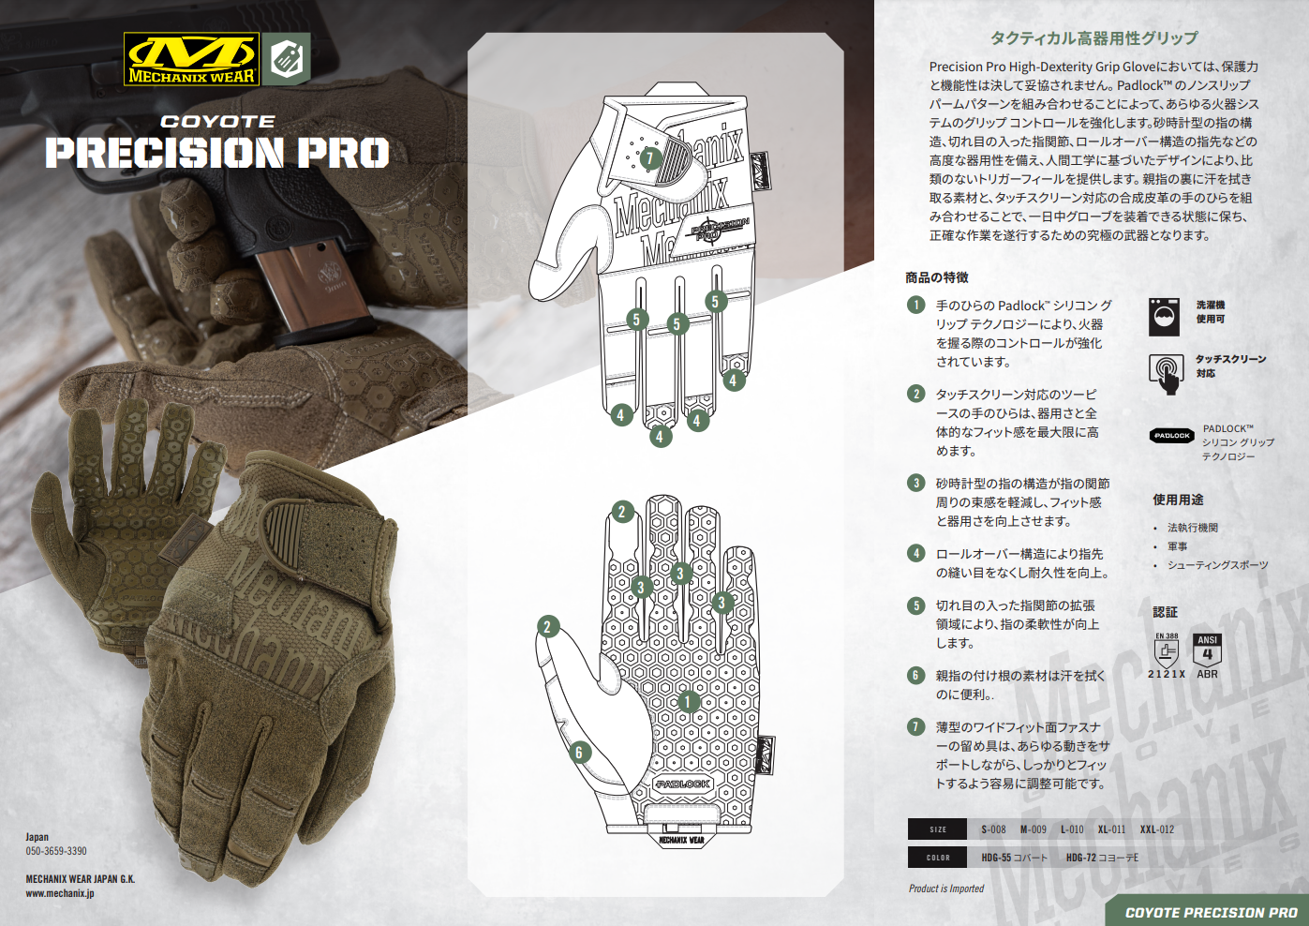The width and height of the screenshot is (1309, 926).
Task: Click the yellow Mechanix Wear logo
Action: (x=191, y=59)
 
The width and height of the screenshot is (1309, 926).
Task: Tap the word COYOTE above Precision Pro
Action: (x=218, y=122)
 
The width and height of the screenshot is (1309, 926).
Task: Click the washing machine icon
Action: (x=1164, y=316)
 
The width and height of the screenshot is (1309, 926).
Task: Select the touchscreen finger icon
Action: (x=1167, y=374)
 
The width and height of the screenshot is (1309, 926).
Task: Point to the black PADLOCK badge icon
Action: (x=1171, y=436)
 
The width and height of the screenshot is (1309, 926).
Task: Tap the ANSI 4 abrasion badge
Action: (x=1207, y=650)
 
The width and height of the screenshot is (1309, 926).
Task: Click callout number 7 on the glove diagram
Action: (x=650, y=157)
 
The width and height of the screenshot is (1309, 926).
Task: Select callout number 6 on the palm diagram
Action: (x=579, y=752)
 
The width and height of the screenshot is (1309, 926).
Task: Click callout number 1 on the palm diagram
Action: (x=688, y=701)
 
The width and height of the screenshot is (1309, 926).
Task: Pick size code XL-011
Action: (x=1111, y=829)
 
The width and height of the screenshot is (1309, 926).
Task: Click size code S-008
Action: (x=993, y=829)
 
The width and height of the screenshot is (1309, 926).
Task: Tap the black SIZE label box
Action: (x=937, y=829)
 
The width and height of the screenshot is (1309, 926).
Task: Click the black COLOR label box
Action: (x=937, y=858)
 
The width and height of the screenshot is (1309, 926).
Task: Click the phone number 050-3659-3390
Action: (x=56, y=851)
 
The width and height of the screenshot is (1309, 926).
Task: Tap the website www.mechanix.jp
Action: (x=60, y=893)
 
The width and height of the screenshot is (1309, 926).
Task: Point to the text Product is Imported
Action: (x=946, y=889)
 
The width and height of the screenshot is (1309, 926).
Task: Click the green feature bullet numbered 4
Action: (x=915, y=553)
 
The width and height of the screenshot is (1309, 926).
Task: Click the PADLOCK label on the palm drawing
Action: (x=682, y=784)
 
